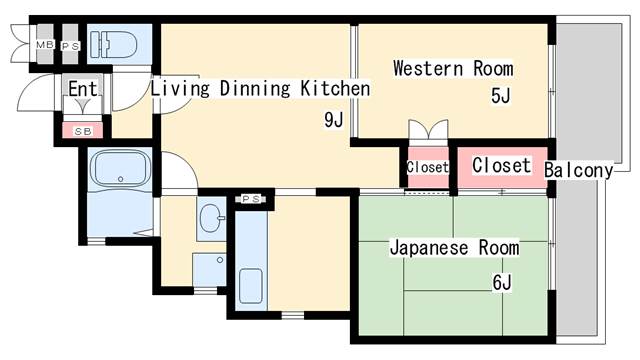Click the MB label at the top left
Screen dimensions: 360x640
(44, 45)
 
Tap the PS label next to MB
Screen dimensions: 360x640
(69, 45)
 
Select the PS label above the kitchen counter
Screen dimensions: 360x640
(251, 199)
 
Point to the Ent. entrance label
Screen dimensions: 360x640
(83, 90)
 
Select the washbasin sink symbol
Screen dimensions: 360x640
(211, 217)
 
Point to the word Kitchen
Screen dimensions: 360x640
(335, 89)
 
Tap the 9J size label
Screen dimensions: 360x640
(333, 121)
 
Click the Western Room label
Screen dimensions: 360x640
(453, 69)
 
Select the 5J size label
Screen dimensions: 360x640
(500, 97)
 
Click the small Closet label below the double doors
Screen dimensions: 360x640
(428, 167)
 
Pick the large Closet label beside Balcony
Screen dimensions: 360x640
(501, 165)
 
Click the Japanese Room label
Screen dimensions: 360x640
(454, 247)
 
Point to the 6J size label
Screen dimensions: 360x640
(501, 283)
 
